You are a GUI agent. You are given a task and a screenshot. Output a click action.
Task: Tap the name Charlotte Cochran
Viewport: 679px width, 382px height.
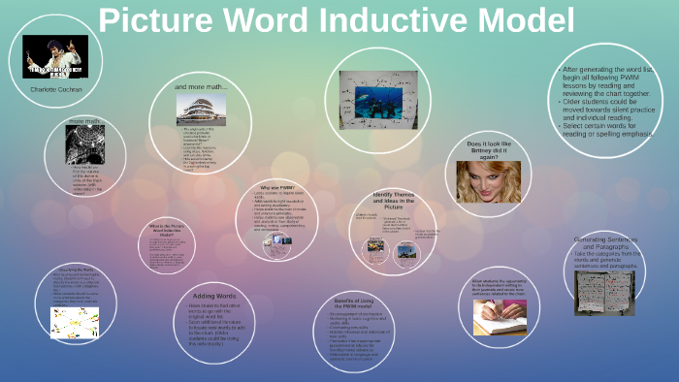[x=56, y=88]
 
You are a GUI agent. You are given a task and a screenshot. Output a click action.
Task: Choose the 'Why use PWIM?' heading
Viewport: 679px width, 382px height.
[x=277, y=186]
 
